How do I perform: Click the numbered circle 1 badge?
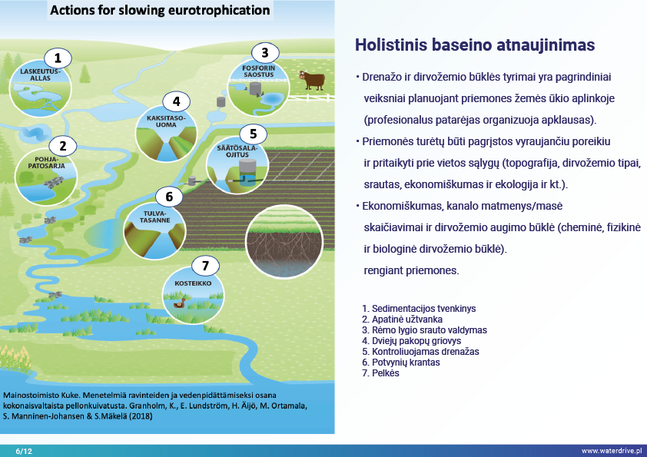[58, 58]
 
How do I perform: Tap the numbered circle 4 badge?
[176, 101]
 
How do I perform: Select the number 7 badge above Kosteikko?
[205, 266]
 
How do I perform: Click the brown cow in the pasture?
[312, 80]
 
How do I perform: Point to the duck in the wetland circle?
[180, 303]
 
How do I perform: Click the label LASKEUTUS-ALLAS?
[40, 75]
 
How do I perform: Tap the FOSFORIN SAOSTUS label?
[258, 71]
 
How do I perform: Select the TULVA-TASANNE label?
[154, 217]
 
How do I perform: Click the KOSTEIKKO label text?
[193, 283]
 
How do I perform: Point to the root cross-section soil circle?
[284, 241]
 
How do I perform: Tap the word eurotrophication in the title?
[219, 10]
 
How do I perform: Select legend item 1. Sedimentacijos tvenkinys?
[419, 309]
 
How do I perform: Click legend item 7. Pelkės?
[380, 373]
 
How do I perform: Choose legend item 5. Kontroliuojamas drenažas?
[420, 352]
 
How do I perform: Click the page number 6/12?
[24, 451]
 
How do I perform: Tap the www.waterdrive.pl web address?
[612, 451]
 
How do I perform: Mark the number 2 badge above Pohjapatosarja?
[63, 146]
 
